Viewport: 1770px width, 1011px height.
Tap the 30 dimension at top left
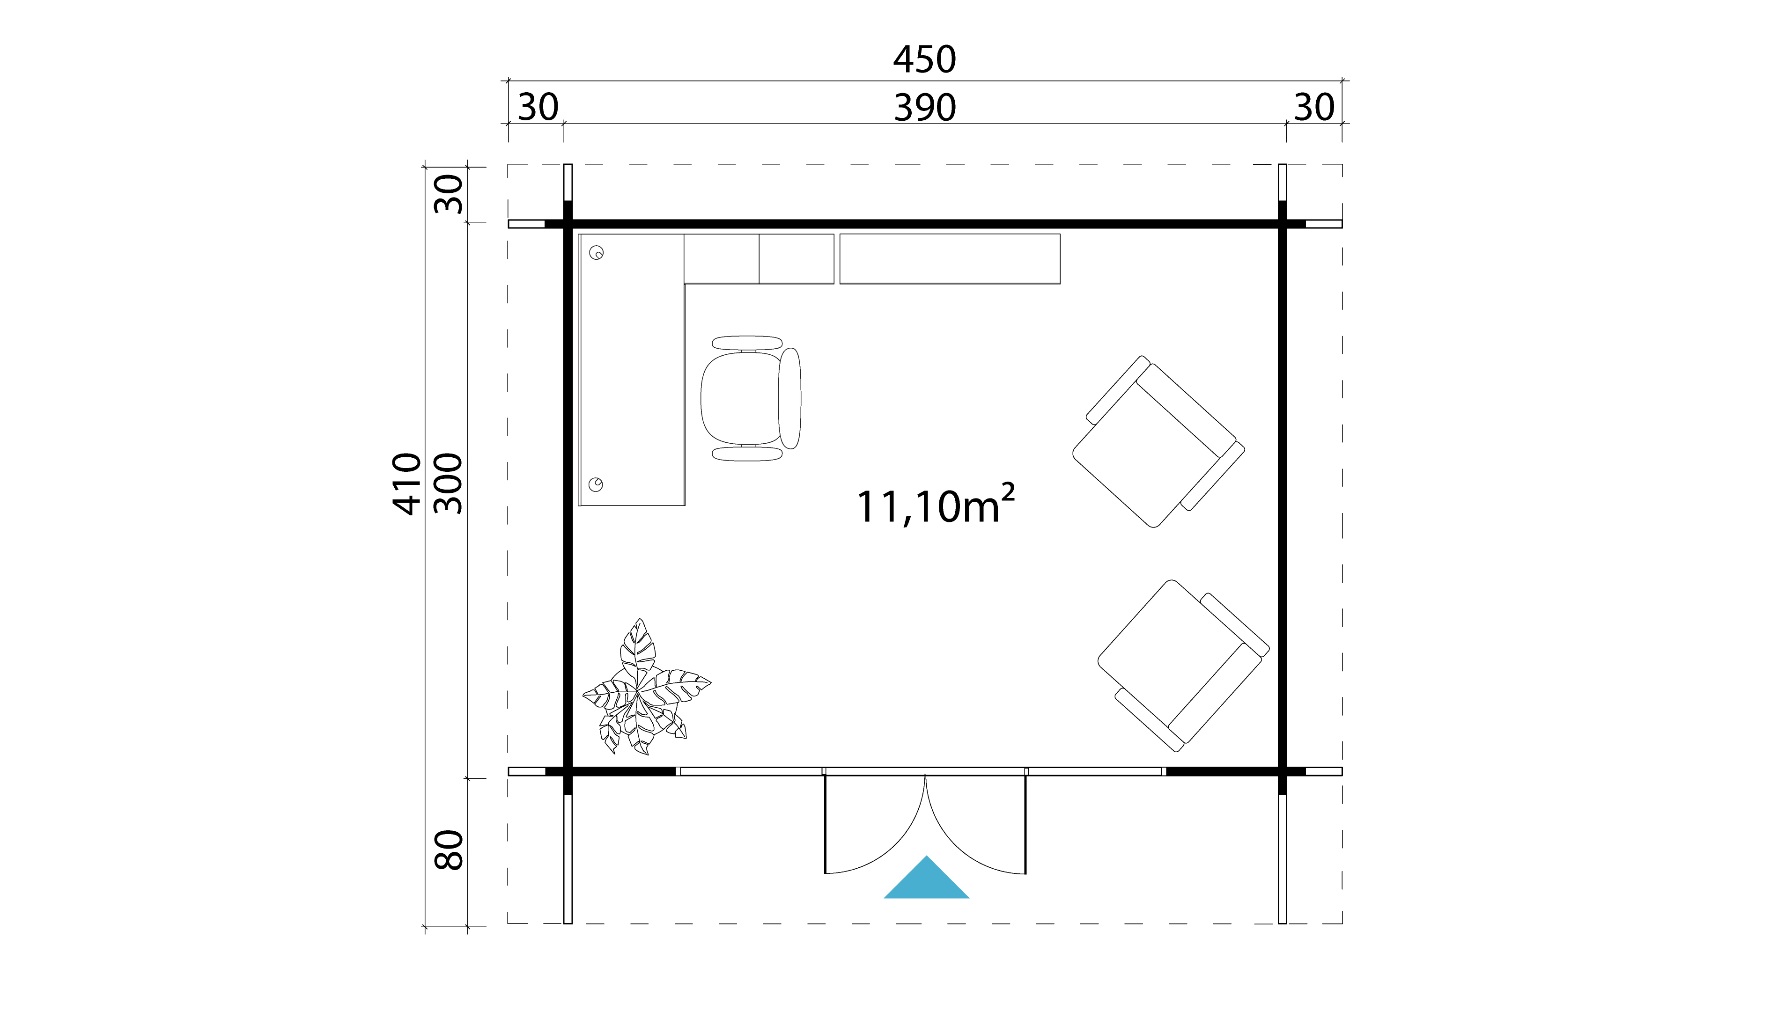coord(538,108)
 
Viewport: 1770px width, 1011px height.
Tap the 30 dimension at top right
coord(1313,108)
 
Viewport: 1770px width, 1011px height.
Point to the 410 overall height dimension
coord(407,484)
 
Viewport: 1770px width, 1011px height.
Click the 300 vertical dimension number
coord(448,484)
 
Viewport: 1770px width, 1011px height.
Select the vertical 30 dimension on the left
coord(448,194)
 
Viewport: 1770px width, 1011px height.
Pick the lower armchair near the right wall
coord(1183,665)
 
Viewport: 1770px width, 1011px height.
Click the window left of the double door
coord(749,771)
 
